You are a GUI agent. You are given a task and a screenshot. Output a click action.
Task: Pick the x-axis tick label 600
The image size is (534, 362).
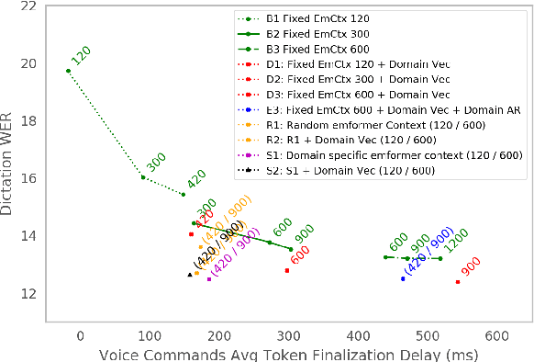click(497, 334)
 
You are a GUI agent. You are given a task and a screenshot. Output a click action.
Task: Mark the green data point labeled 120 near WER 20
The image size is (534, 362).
click(68, 71)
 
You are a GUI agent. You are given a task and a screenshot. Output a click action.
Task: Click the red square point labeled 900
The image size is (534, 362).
click(458, 282)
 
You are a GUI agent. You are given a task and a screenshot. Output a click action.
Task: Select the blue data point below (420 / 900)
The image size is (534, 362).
click(402, 278)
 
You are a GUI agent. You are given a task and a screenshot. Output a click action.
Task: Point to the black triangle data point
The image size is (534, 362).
click(190, 275)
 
